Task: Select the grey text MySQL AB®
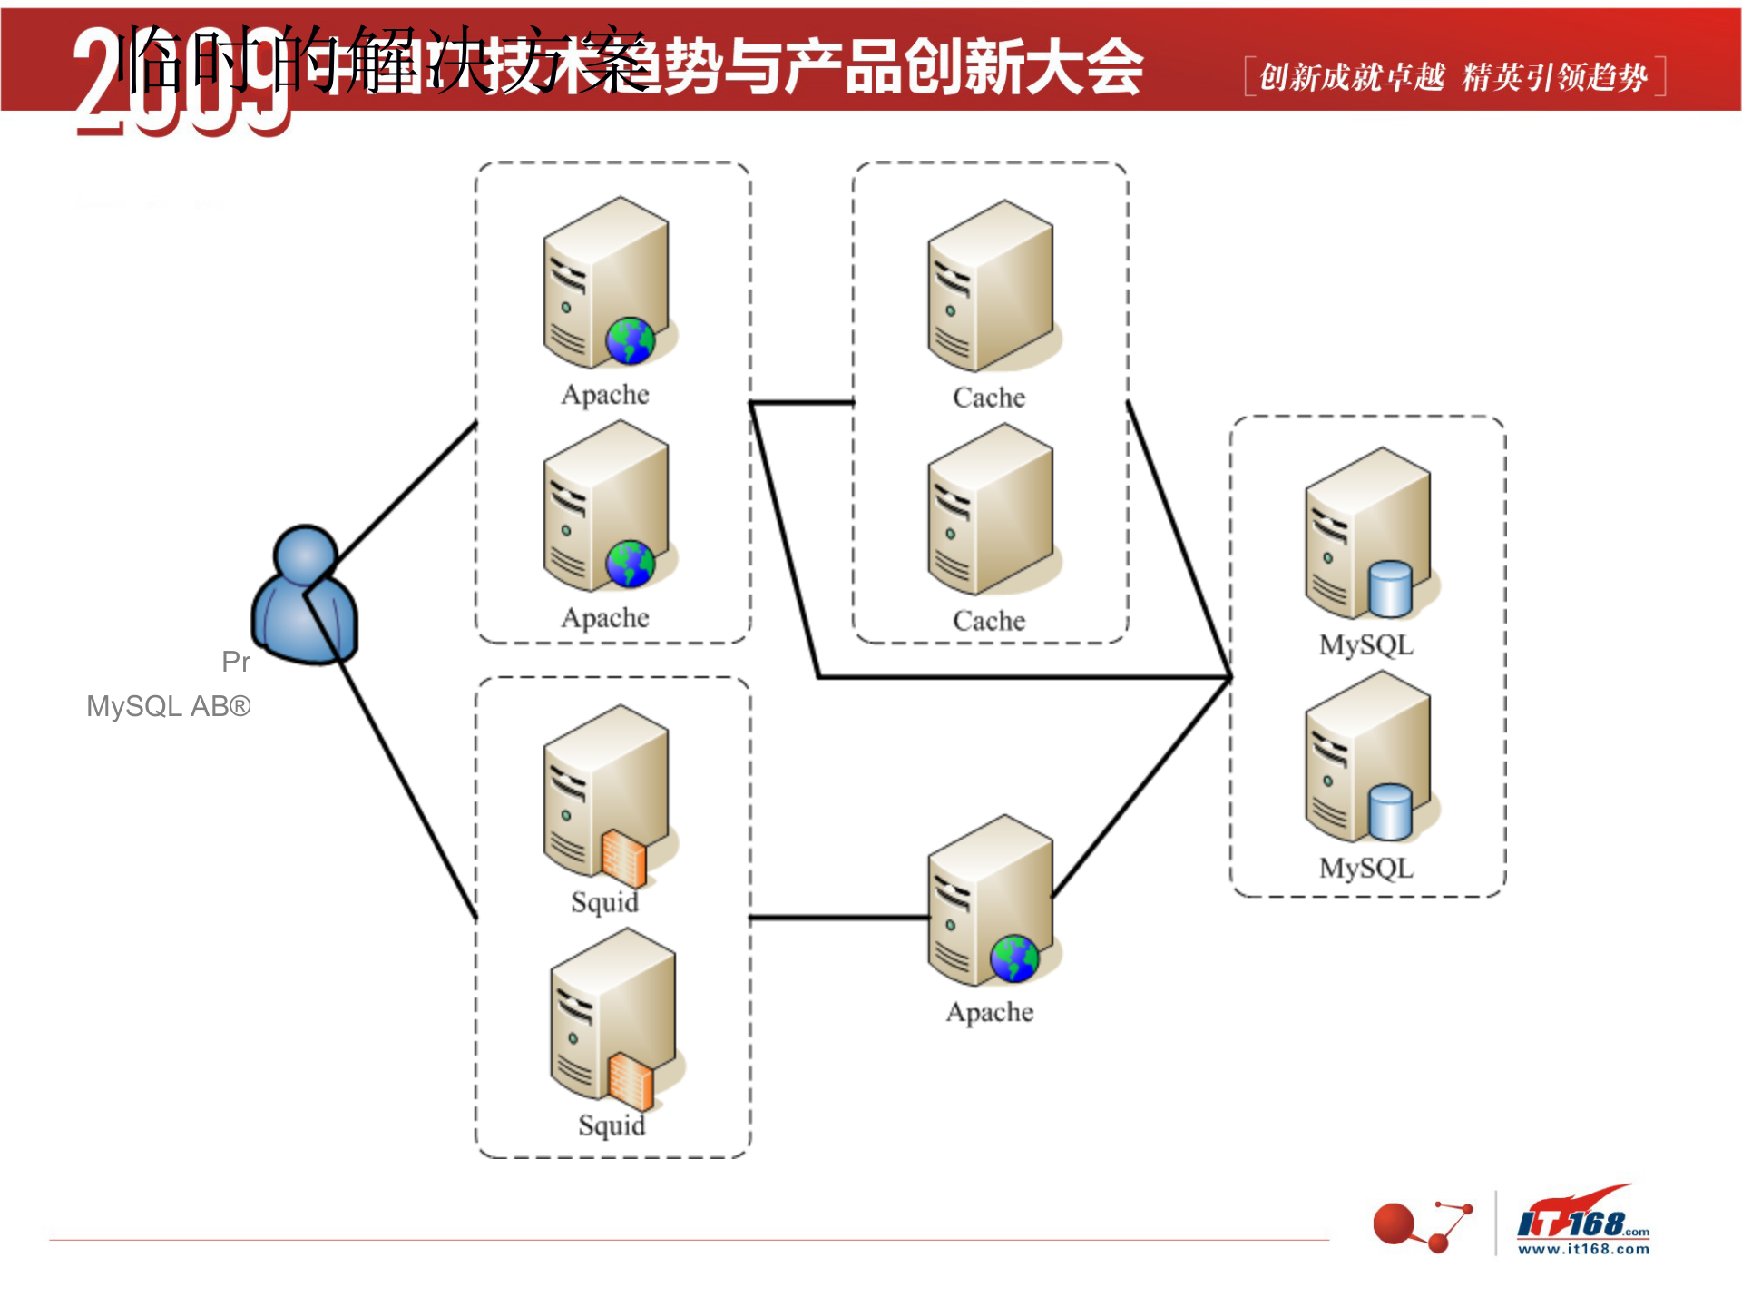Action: point(168,706)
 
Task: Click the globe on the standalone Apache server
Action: point(1014,958)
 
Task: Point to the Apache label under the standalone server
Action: point(990,1012)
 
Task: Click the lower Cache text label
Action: point(989,621)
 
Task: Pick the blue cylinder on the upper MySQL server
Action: point(1390,588)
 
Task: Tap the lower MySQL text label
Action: point(1366,869)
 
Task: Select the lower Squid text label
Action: point(612,1125)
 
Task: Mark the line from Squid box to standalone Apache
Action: point(839,919)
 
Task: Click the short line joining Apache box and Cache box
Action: point(802,402)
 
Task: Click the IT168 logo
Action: point(1583,1216)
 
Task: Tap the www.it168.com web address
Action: point(1584,1249)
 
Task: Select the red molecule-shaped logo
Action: point(1421,1225)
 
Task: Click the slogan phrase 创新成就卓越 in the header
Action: point(1352,78)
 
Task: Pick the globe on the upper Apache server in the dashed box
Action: point(630,341)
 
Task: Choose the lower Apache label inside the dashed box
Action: point(605,618)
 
